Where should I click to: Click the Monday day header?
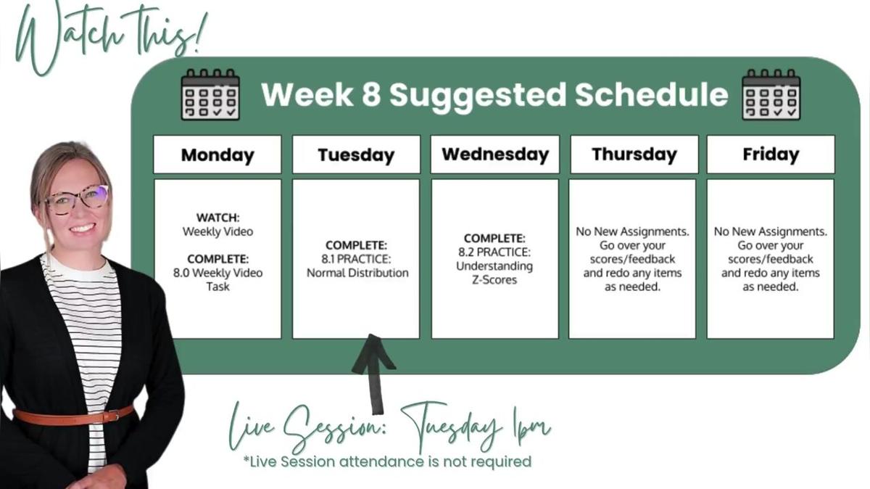coord(217,155)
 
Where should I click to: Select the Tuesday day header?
coord(356,155)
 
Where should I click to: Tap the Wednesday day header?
coord(494,155)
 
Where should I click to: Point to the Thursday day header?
coord(634,155)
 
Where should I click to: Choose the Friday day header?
coord(771,155)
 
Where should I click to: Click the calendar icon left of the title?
coord(210,94)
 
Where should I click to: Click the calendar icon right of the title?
coord(771,94)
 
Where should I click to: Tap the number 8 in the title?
coord(371,94)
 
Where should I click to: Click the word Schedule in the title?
coord(651,94)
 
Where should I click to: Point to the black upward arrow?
coord(373,374)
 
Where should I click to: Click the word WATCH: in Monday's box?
coord(218,218)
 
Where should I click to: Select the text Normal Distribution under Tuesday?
coord(357,273)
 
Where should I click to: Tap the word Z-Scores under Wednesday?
coord(494,280)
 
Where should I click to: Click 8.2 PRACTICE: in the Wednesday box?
coord(494,252)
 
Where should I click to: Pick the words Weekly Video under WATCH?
coord(217,231)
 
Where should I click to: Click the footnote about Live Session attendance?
coord(387,461)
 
